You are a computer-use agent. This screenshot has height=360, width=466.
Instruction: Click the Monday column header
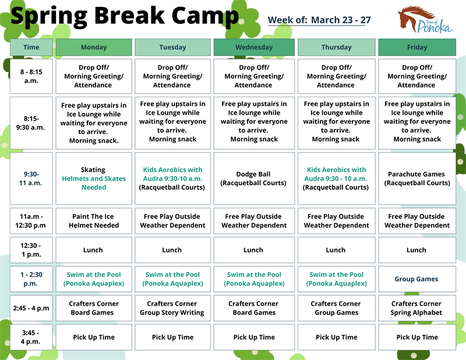[x=93, y=47]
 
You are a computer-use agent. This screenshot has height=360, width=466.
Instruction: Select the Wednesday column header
[x=253, y=47]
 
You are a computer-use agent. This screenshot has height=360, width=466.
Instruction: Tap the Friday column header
[x=416, y=47]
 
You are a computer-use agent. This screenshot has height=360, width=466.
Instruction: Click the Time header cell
[x=31, y=47]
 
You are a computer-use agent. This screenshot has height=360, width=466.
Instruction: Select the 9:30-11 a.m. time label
[x=31, y=178]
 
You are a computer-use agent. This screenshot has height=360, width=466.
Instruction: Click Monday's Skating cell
[x=93, y=178]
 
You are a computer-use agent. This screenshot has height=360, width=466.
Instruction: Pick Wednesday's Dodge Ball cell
[x=253, y=178]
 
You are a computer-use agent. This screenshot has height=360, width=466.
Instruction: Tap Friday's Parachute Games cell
[x=416, y=178]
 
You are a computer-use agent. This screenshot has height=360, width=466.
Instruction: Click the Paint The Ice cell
[x=93, y=221]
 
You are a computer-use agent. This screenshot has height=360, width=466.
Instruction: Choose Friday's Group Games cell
[x=416, y=279]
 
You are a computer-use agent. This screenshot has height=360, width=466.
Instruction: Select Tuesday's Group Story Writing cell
[x=172, y=308]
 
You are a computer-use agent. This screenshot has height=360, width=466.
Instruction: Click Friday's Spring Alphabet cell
[x=416, y=308]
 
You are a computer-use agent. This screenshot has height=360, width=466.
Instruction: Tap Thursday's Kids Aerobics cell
[x=336, y=178]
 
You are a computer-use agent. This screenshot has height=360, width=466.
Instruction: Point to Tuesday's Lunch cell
[x=172, y=250]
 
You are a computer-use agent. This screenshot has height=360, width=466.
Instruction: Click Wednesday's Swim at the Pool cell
[x=253, y=279]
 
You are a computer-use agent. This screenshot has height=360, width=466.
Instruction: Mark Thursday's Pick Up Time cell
[x=336, y=337]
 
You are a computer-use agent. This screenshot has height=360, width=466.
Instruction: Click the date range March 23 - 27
[x=341, y=20]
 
